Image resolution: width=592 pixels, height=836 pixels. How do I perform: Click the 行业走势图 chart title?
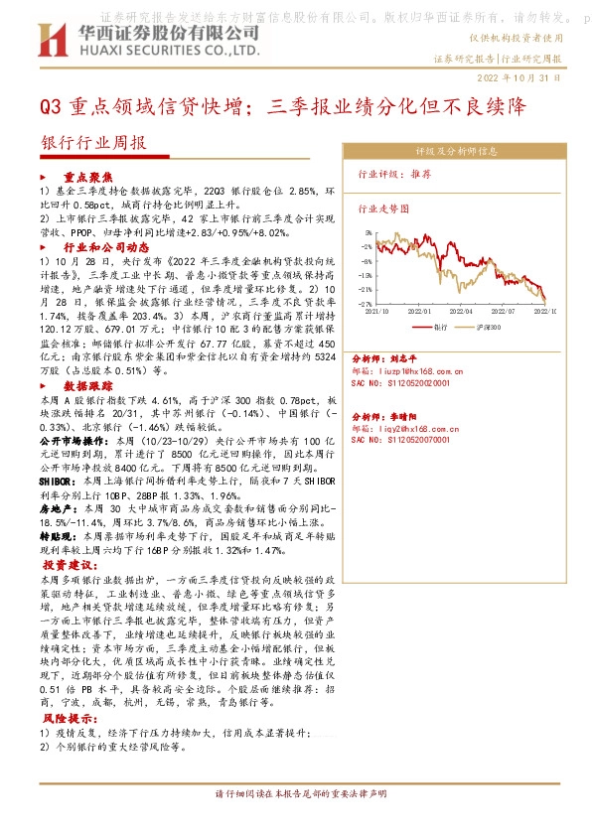click(x=383, y=209)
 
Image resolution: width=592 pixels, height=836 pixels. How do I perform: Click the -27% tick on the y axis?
click(x=366, y=303)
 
